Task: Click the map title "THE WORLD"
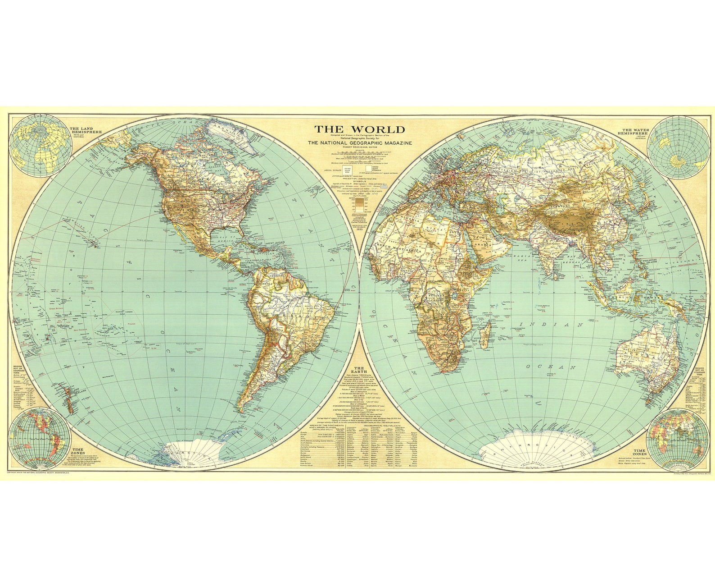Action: click(x=359, y=129)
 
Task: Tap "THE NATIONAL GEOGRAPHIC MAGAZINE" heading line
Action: click(x=359, y=143)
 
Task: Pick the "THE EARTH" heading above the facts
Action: click(x=359, y=370)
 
